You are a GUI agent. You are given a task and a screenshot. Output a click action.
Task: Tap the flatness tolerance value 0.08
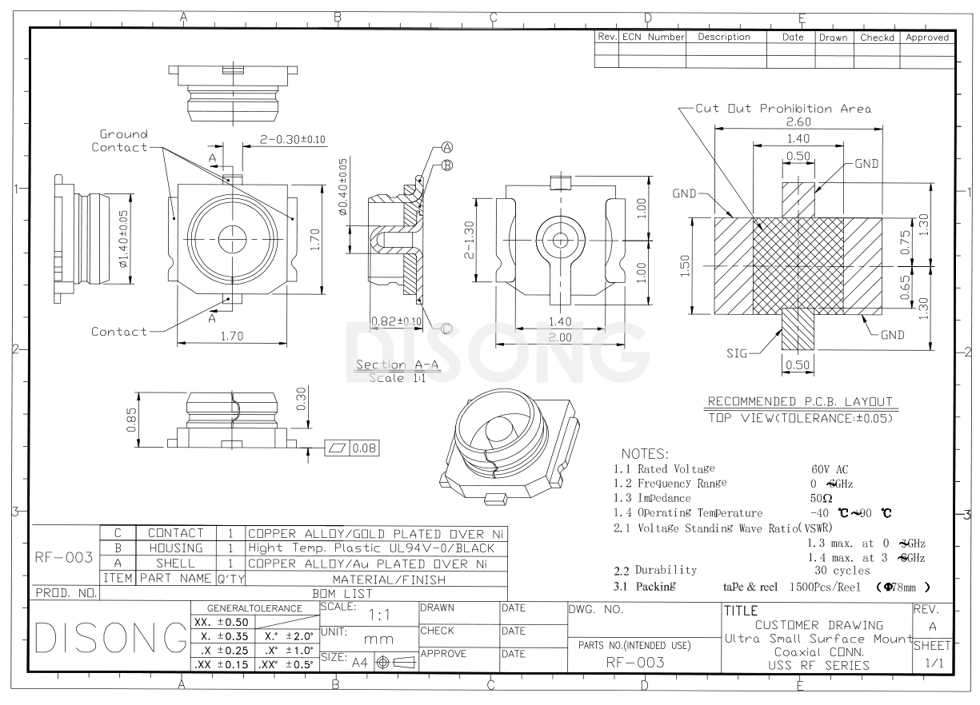click(x=364, y=448)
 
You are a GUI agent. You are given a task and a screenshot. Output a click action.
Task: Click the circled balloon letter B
click(x=447, y=165)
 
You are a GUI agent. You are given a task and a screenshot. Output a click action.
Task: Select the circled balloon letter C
click(x=446, y=328)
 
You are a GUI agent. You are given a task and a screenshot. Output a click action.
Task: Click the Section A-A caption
click(x=387, y=365)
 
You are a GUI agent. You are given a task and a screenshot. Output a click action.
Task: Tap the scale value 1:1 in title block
click(x=378, y=616)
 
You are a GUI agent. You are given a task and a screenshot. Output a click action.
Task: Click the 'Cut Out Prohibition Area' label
click(x=782, y=108)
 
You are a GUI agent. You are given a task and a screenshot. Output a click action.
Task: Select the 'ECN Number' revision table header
click(x=653, y=37)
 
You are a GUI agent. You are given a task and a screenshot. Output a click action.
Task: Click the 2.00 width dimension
click(x=560, y=338)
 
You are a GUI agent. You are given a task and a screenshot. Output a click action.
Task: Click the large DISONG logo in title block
click(x=97, y=639)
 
